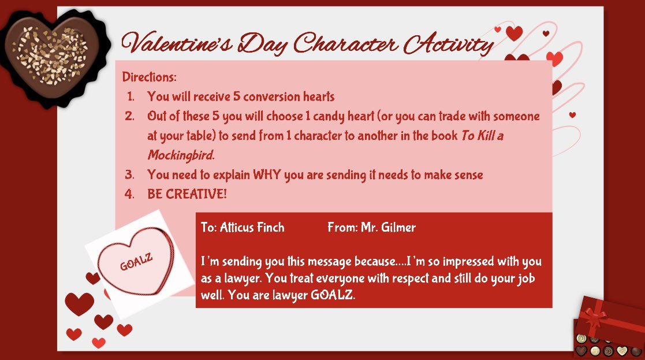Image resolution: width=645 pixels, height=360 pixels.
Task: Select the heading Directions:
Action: tap(150, 77)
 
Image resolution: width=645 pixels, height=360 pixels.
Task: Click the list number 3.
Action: tap(129, 175)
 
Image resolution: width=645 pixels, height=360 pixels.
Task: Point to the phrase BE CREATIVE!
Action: tap(187, 194)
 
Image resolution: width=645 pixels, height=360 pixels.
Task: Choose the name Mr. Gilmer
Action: tap(388, 228)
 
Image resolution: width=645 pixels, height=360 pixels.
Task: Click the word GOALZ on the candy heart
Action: tap(136, 262)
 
